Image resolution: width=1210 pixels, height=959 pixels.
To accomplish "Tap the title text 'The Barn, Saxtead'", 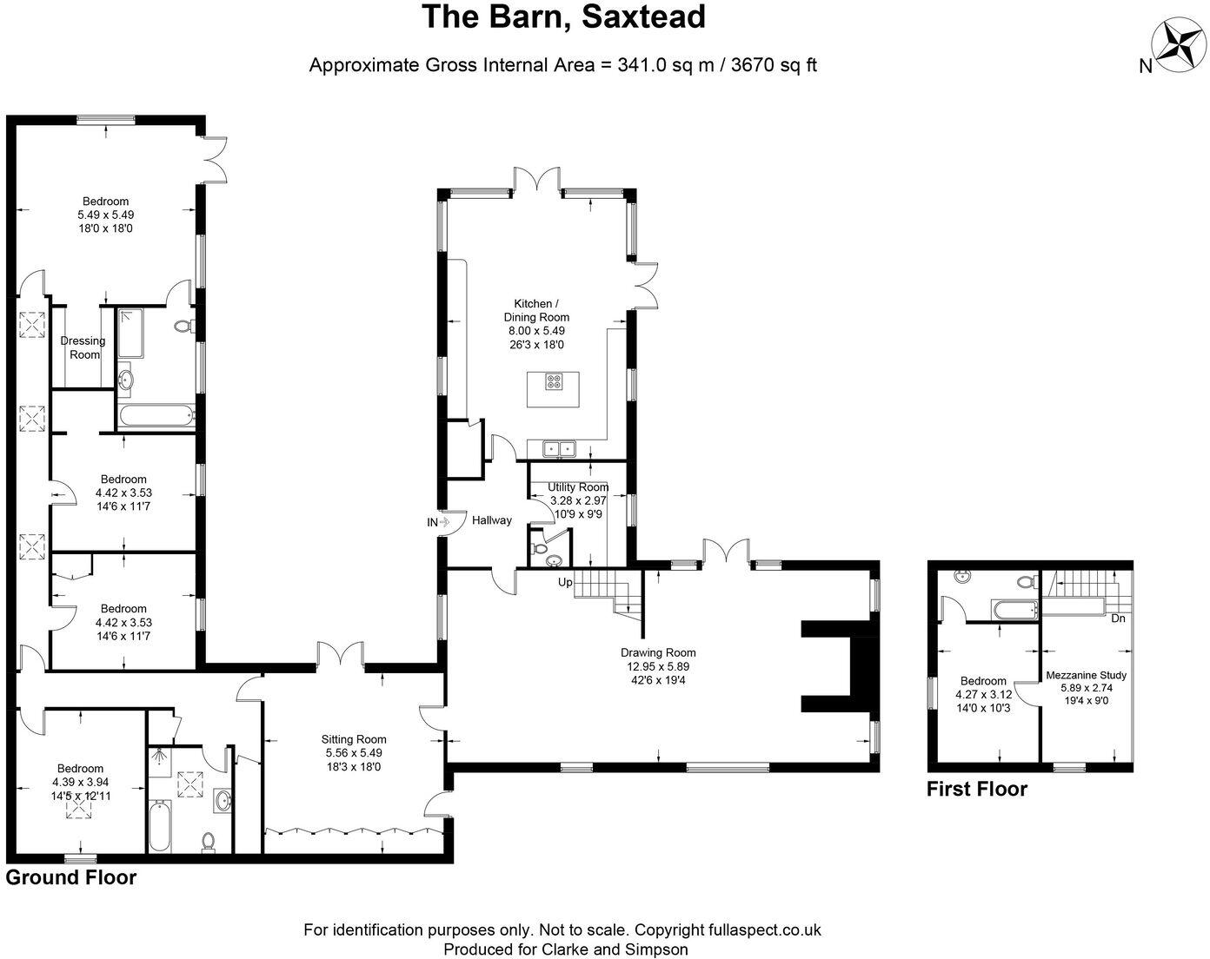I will pos(563,17).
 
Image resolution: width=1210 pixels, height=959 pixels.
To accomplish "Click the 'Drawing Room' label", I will pos(658,652).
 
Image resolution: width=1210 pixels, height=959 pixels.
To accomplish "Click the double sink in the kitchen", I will pos(559,448).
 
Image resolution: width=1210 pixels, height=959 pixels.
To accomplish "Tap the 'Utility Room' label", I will pos(578,487).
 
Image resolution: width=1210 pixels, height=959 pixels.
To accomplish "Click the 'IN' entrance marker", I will pos(433,522).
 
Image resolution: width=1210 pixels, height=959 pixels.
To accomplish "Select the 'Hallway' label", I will pos(492,520).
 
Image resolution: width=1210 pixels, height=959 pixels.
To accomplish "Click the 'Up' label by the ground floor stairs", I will pos(565,583).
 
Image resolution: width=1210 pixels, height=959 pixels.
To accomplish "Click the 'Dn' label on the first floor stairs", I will pos(1118,618).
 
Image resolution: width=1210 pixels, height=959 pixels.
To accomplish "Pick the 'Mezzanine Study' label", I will pos(1086,675).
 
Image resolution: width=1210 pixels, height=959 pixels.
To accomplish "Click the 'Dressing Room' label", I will pos(83,347).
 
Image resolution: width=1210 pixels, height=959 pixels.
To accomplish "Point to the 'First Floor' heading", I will pos(976,789).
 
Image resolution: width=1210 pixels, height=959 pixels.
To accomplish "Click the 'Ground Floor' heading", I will pos(71,877).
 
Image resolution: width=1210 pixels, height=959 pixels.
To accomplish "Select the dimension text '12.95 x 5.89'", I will pos(658,667).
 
